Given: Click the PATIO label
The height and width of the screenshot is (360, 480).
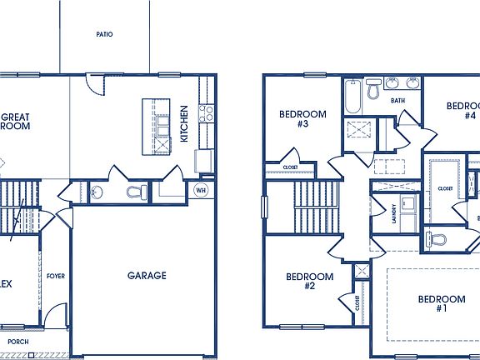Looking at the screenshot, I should (x=104, y=35).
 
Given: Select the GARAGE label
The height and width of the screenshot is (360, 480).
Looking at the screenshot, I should (x=147, y=275).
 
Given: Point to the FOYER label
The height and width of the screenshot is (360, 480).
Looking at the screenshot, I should (x=56, y=276).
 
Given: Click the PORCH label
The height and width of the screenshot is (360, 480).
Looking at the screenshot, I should (x=18, y=342).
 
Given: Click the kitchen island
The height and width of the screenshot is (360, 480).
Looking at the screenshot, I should (x=156, y=126).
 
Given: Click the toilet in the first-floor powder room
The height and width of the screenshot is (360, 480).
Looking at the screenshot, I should (x=134, y=192).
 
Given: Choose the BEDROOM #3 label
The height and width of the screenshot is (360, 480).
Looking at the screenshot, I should (x=302, y=118).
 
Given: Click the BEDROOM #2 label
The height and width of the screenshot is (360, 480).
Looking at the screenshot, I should (x=309, y=281).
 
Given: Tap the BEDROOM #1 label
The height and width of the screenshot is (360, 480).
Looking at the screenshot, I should (x=441, y=303).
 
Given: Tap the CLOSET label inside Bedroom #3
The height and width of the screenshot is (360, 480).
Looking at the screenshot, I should (x=291, y=167).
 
